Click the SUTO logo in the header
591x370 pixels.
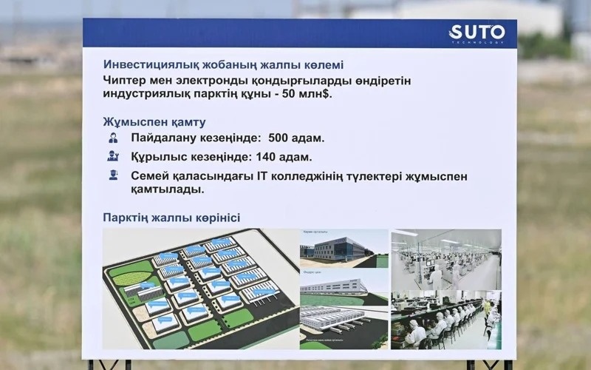coord(476,33)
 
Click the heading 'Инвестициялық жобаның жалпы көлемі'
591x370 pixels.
coord(223,64)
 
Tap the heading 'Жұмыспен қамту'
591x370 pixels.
coord(154,121)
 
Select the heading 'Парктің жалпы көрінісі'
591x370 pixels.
coord(171,217)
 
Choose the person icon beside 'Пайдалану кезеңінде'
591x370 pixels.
coord(113,138)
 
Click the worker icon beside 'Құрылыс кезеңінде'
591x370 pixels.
coord(113,156)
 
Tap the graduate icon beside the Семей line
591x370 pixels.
coord(113,175)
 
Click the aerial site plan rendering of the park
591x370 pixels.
coord(199,289)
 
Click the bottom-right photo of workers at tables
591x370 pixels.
coord(446,320)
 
